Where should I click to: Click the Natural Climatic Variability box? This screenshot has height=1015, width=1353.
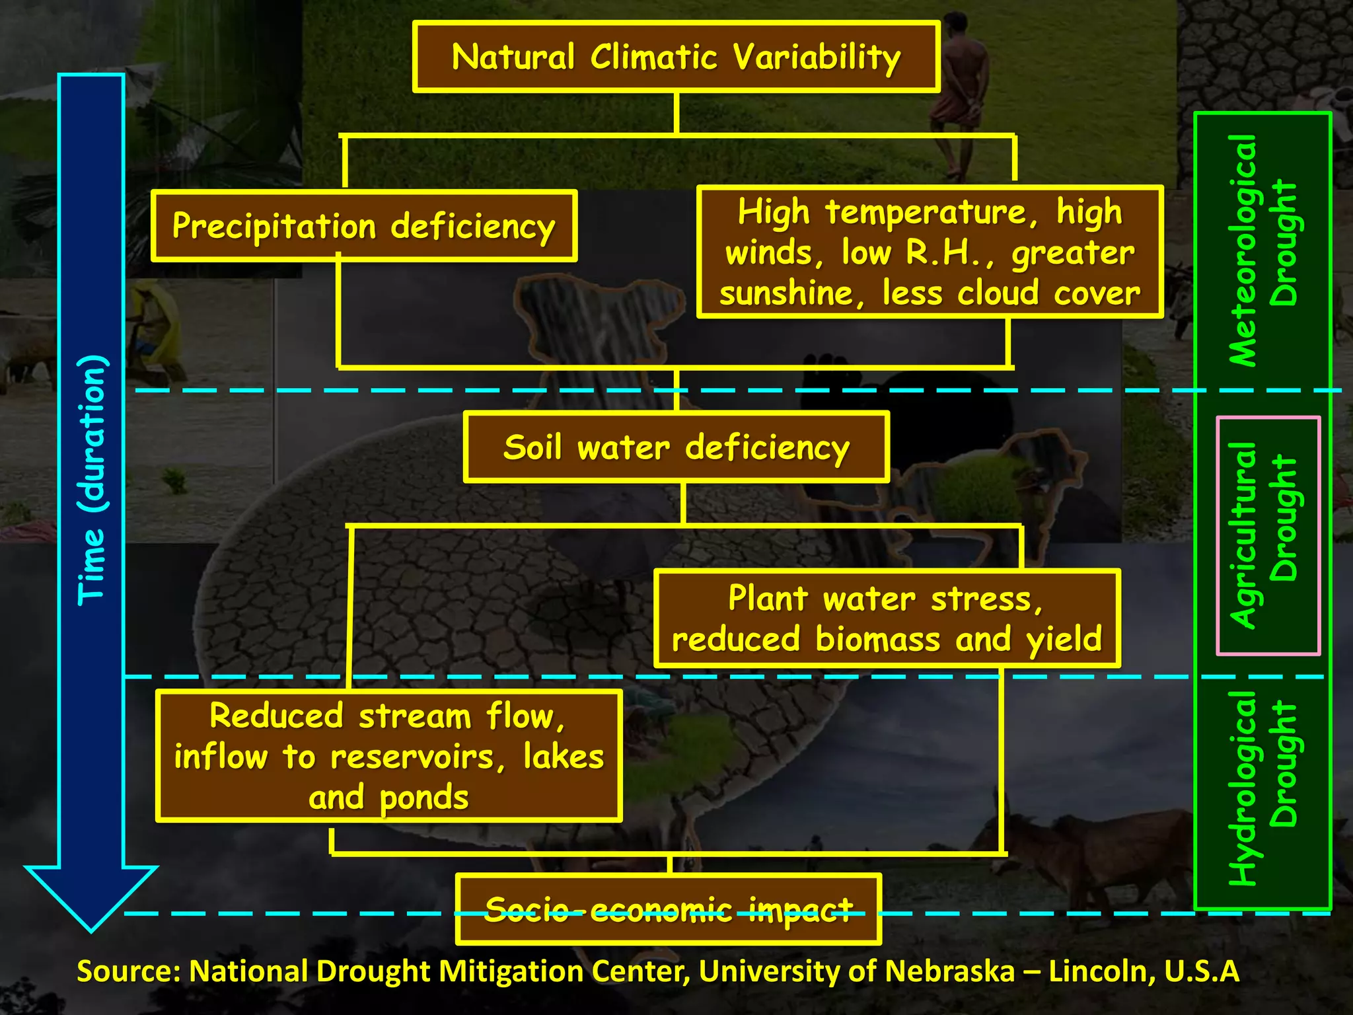pyautogui.click(x=676, y=57)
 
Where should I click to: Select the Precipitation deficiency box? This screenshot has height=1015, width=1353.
pyautogui.click(x=364, y=226)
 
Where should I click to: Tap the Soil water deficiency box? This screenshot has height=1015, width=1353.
pyautogui.click(x=676, y=447)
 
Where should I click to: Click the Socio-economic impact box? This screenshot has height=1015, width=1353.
pyautogui.click(x=668, y=910)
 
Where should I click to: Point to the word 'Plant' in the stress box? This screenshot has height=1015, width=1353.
pyautogui.click(x=768, y=598)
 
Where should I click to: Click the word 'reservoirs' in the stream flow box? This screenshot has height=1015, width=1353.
pyautogui.click(x=412, y=757)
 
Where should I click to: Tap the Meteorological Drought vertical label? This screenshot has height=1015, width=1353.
pyautogui.click(x=1261, y=251)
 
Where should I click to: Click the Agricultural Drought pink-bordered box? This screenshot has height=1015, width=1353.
pyautogui.click(x=1267, y=535)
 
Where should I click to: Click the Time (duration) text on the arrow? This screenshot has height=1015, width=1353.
pyautogui.click(x=91, y=479)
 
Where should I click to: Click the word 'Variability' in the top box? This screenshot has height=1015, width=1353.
pyautogui.click(x=817, y=57)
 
